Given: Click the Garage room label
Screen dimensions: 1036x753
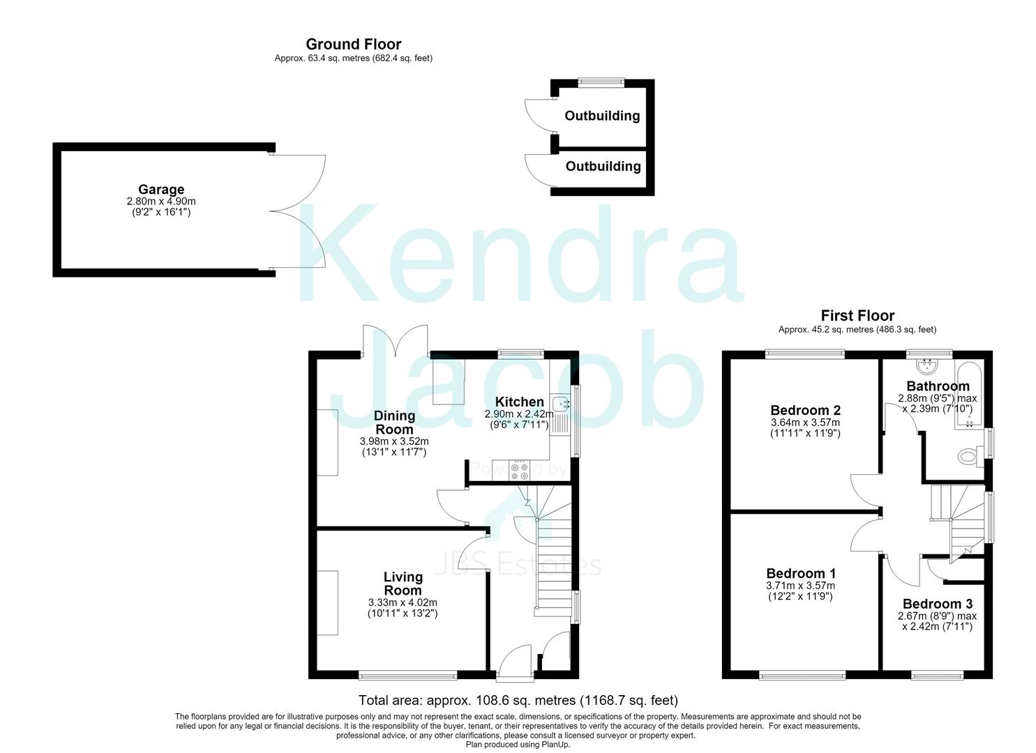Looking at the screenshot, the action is [x=161, y=190].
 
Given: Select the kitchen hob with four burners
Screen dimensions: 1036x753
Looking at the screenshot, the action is [x=519, y=471].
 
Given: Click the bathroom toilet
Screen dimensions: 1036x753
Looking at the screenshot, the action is [x=970, y=456].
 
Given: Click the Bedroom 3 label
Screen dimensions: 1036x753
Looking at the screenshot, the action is [x=938, y=604].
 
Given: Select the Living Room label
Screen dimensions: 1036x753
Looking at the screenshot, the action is [x=403, y=584].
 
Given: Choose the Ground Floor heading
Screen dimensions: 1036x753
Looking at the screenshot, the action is [x=353, y=45].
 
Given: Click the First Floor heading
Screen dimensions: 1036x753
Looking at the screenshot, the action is [x=857, y=316].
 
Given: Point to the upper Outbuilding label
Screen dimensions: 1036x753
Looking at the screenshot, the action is [x=602, y=116].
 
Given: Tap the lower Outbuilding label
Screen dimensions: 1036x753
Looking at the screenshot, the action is [x=603, y=167].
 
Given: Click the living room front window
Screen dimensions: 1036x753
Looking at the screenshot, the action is [x=408, y=676].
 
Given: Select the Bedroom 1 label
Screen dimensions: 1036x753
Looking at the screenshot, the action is [x=801, y=573].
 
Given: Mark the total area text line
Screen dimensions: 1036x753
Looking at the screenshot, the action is [x=518, y=700].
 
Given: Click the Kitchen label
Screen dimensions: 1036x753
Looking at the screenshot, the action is [x=519, y=402].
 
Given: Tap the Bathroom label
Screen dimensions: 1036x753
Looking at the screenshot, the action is [x=938, y=386].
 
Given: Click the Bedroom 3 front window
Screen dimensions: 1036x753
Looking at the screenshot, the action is [x=938, y=676].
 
